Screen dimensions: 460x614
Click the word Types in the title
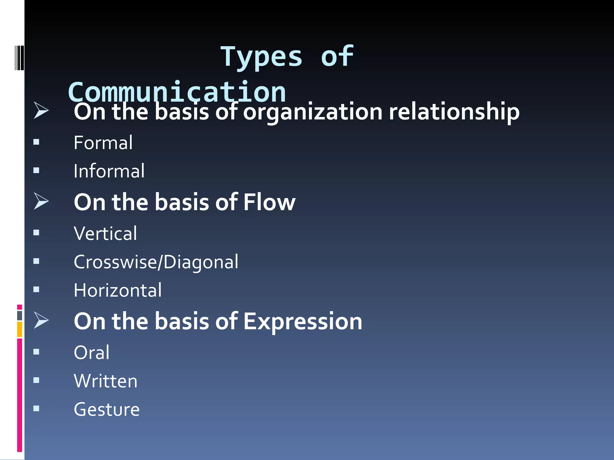(261, 57)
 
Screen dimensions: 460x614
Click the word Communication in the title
(177, 92)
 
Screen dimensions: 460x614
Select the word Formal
(103, 143)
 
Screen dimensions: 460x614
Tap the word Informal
(109, 171)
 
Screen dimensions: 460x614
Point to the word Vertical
(105, 233)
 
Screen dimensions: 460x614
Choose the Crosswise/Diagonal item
(156, 262)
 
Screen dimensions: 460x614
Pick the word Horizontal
(118, 290)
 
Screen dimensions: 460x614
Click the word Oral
(92, 352)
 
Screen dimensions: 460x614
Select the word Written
(106, 381)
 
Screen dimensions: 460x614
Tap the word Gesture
(107, 409)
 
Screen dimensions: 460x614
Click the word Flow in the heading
(269, 202)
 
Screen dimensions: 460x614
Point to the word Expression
(303, 321)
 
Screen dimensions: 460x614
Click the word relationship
(454, 112)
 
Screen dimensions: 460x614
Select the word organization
(313, 112)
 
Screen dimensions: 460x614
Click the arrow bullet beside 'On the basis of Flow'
(41, 201)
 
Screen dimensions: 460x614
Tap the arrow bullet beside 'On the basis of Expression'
(41, 320)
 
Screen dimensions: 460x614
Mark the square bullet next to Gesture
(36, 408)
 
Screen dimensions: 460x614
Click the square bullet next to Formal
(36, 142)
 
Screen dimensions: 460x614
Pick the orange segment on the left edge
(19, 329)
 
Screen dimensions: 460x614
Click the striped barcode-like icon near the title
(19, 58)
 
